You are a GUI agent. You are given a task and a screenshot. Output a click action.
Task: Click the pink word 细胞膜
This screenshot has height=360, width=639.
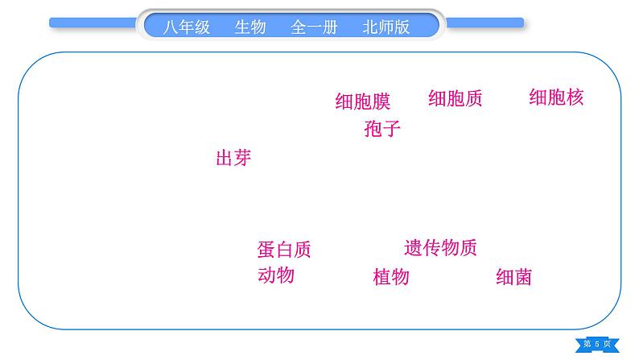(362, 101)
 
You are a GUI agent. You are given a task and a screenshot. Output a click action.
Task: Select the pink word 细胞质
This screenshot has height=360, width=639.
(455, 98)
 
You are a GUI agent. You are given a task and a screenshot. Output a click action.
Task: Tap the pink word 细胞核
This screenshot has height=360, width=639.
(555, 97)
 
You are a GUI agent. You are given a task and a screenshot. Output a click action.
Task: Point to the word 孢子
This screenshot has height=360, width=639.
(381, 128)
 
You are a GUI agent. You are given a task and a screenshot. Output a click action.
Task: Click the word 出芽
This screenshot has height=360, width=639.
(233, 158)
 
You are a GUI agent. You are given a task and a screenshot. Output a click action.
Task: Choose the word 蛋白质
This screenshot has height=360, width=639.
(283, 250)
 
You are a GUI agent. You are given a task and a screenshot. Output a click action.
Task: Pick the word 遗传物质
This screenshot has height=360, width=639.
(440, 247)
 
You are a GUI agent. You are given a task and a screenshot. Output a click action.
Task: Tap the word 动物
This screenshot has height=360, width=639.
(275, 275)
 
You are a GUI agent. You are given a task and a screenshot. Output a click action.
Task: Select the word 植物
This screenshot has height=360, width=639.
(391, 277)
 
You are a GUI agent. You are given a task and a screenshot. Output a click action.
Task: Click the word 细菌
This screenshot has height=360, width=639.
(513, 278)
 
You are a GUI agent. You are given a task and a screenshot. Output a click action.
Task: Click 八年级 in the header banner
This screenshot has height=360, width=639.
(186, 27)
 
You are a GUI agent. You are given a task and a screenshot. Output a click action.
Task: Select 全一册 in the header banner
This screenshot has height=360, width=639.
(314, 27)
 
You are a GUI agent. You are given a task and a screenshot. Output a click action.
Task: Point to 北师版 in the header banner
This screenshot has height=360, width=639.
(386, 27)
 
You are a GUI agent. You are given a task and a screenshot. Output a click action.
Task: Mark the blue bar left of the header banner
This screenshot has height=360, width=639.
(93, 23)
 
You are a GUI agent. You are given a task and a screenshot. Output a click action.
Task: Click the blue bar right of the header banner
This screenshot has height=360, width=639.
(484, 23)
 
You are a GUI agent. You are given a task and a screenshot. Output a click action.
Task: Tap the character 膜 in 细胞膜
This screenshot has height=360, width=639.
(381, 101)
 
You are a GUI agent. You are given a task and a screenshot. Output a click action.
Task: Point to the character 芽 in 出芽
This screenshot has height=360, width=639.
(242, 158)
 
